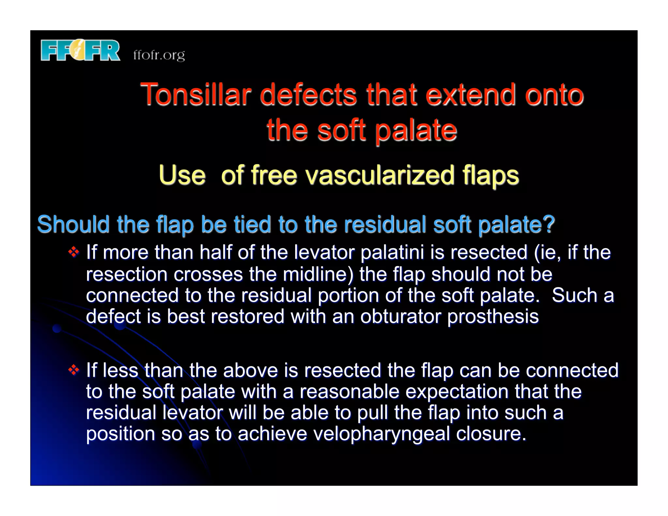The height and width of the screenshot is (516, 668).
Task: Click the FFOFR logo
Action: tap(80, 51)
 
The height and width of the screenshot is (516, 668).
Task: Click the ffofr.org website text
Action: tap(159, 55)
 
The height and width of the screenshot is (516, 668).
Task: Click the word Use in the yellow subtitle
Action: tap(182, 175)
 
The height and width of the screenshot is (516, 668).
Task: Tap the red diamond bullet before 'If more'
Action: tap(74, 252)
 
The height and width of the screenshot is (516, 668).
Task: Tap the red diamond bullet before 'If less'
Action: tap(74, 370)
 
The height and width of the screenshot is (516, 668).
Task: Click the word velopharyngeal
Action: tap(381, 434)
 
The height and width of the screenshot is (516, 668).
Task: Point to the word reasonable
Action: tap(349, 391)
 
